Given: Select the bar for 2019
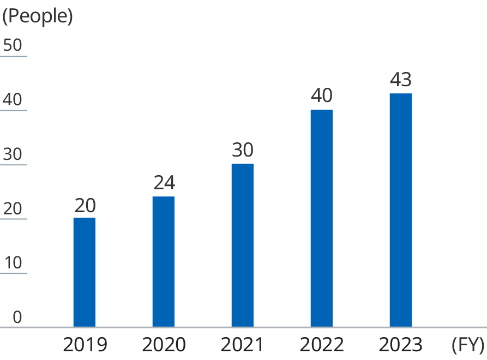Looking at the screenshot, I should [85, 272].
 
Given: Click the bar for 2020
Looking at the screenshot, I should [164, 262].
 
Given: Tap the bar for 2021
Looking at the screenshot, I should [243, 245].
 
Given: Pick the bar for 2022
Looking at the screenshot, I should [322, 218].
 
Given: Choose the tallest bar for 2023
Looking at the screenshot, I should [401, 210].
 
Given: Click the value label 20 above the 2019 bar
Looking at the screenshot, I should [85, 205].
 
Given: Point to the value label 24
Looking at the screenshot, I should [164, 183].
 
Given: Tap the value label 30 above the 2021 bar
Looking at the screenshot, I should [243, 151].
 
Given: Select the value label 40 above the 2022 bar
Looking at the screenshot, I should [322, 96].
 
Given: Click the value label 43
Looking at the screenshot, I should [401, 80].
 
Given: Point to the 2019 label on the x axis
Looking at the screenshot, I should [85, 345].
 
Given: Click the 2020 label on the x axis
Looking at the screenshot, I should [164, 345].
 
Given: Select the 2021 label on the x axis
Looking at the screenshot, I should [243, 345].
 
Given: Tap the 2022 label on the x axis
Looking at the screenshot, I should [322, 345].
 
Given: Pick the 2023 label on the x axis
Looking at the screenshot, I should [401, 345].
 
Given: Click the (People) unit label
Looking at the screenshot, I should [38, 16].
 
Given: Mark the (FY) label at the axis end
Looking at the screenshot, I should [468, 345].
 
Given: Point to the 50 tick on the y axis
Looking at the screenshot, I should [13, 45].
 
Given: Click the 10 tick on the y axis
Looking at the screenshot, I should [13, 263].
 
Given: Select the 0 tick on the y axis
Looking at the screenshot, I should [17, 317].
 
